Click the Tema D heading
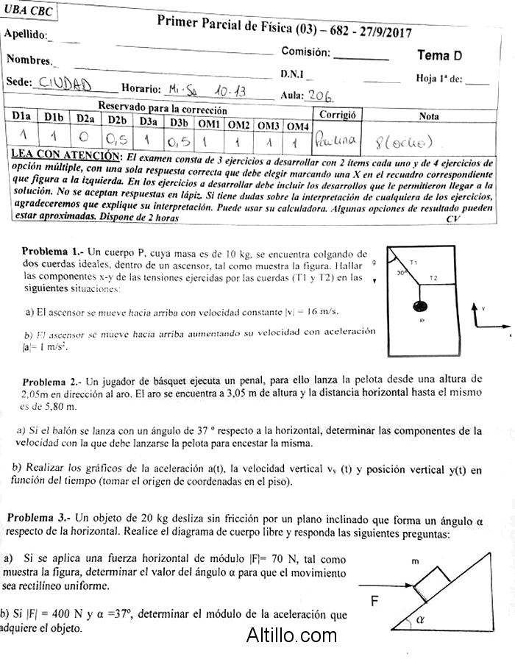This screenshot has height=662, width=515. point(439,55)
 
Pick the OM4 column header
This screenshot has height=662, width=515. point(297,126)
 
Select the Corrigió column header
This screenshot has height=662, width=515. point(337,115)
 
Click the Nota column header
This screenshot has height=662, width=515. point(428,116)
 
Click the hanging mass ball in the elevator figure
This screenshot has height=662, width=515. point(422,306)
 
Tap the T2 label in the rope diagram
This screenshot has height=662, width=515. point(433,278)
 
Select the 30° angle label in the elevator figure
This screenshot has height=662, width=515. point(401,273)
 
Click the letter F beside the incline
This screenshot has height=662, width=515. point(374,600)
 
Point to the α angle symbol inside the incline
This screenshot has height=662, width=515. point(420,620)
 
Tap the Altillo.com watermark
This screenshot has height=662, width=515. point(291,634)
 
